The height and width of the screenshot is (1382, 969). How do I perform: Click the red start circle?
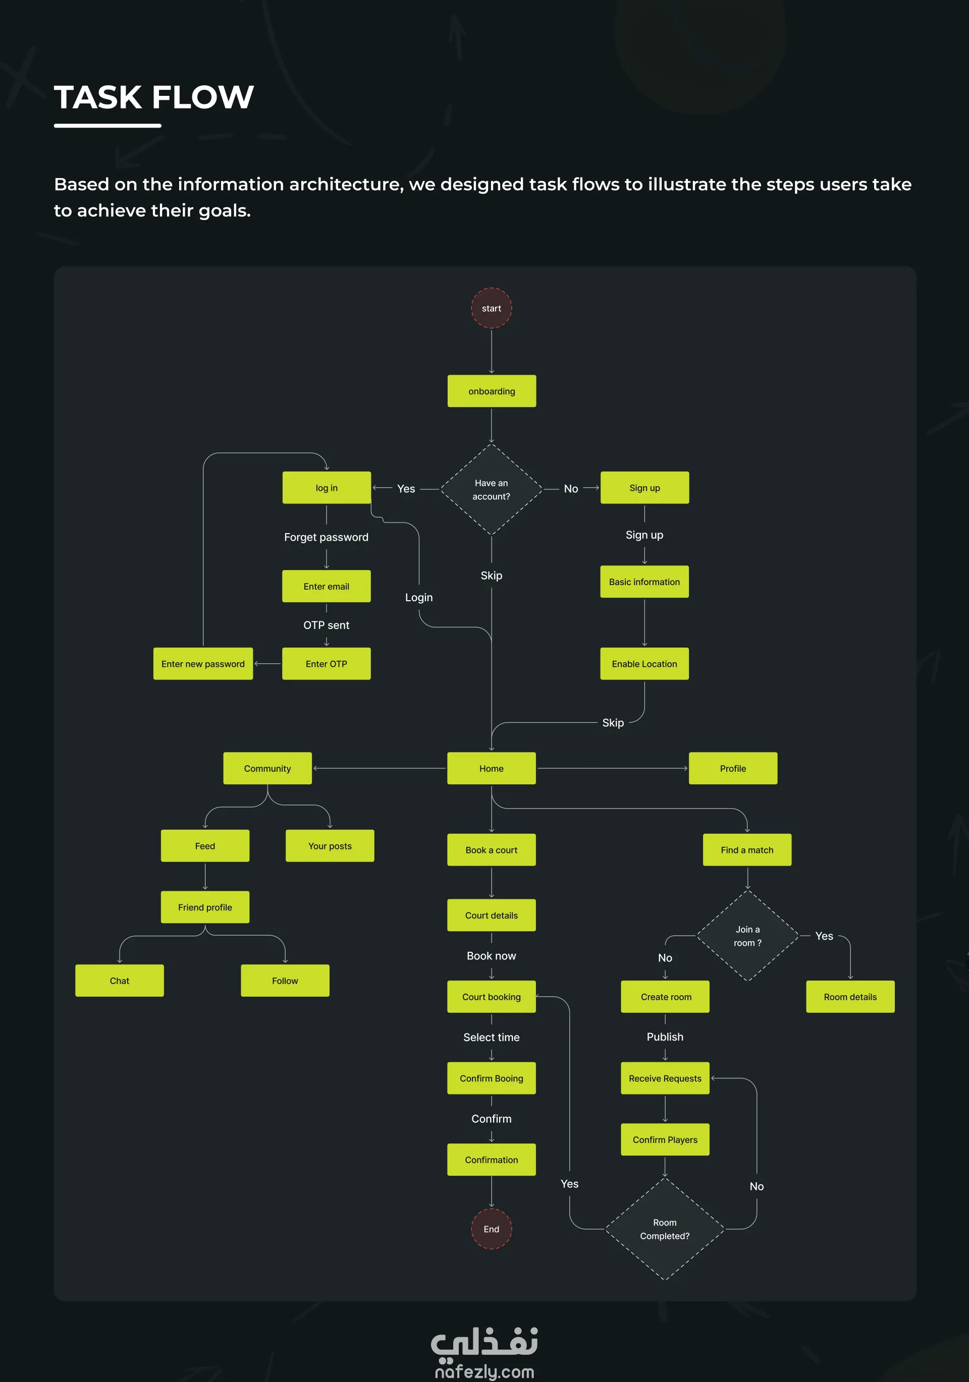pyautogui.click(x=492, y=308)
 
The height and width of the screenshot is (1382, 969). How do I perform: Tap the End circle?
pyautogui.click(x=492, y=1229)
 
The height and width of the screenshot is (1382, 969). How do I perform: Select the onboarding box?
pyautogui.click(x=492, y=391)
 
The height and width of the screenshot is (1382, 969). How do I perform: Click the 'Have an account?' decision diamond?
pyautogui.click(x=492, y=489)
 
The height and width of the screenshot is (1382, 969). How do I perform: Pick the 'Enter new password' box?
pyautogui.click(x=203, y=664)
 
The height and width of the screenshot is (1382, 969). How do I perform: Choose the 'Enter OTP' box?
pyautogui.click(x=327, y=664)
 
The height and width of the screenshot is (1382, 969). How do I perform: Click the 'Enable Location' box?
pyautogui.click(x=644, y=664)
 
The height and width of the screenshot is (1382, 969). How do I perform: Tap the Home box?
pyautogui.click(x=492, y=769)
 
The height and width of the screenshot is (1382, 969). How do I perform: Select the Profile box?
pyautogui.click(x=733, y=769)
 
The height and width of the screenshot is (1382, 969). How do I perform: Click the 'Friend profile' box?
pyautogui.click(x=205, y=907)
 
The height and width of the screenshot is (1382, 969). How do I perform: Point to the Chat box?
pyautogui.click(x=119, y=981)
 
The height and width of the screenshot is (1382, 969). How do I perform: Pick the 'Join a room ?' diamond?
pyautogui.click(x=747, y=936)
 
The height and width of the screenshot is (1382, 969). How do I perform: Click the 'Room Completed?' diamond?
pyautogui.click(x=665, y=1229)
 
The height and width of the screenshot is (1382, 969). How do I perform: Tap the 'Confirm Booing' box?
pyautogui.click(x=492, y=1078)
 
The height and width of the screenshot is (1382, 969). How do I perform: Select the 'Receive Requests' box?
pyautogui.click(x=665, y=1078)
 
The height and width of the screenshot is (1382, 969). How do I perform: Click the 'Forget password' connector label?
pyautogui.click(x=327, y=537)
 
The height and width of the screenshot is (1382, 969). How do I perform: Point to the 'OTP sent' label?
pyautogui.click(x=327, y=625)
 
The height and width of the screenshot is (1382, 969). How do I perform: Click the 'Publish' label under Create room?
pyautogui.click(x=665, y=1036)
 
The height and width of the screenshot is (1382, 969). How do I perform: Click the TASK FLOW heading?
pyautogui.click(x=154, y=97)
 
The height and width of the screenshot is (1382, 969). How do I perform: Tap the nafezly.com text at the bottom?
pyautogui.click(x=484, y=1372)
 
